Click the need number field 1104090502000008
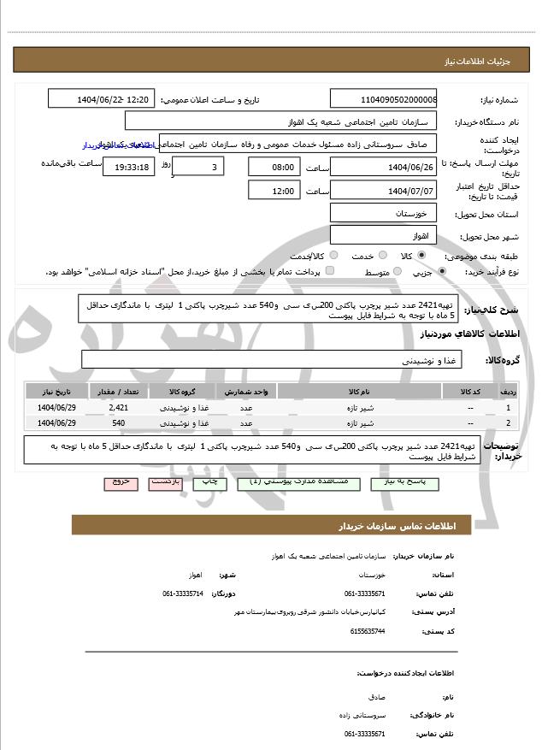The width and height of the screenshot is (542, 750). [x=383, y=99]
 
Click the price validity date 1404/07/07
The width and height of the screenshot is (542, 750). [x=383, y=191]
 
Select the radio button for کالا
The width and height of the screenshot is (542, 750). [x=421, y=256]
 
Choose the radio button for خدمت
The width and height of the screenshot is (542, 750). [x=381, y=256]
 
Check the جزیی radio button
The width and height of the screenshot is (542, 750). [x=442, y=272]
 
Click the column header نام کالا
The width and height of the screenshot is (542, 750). [x=359, y=392]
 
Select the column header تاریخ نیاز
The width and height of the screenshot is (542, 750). [x=57, y=392]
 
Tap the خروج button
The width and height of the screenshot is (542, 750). [x=121, y=482]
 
